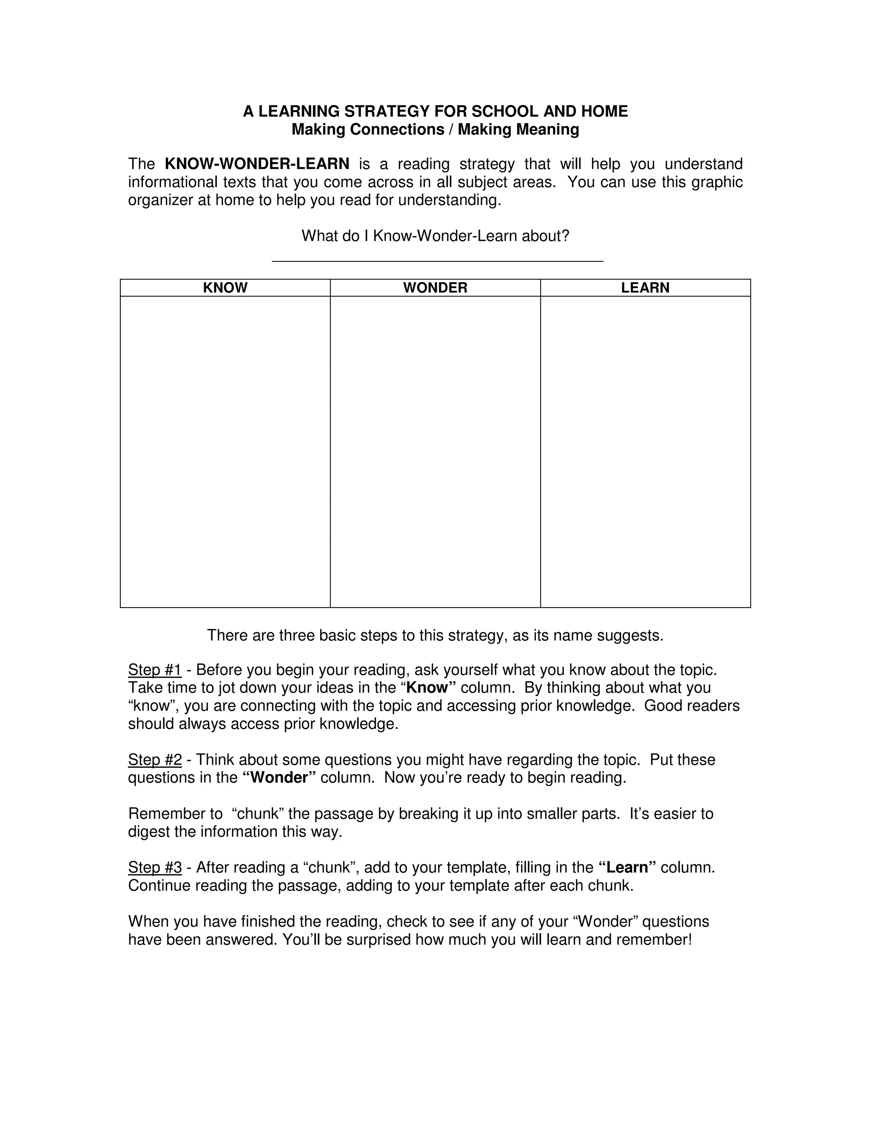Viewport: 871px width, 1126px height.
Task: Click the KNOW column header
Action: [225, 288]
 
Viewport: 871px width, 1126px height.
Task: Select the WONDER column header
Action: [435, 288]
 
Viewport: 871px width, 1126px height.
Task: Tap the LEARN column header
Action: [645, 288]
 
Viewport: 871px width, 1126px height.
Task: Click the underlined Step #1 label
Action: [155, 670]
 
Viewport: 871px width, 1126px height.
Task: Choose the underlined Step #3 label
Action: [155, 867]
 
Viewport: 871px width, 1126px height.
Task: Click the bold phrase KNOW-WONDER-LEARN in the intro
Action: [257, 164]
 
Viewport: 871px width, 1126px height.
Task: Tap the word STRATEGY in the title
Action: [387, 111]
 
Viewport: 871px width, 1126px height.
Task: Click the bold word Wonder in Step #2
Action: [279, 778]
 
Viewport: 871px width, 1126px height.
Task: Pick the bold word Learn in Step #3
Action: [627, 867]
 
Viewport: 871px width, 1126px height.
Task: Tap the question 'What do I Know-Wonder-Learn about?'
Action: [435, 236]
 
